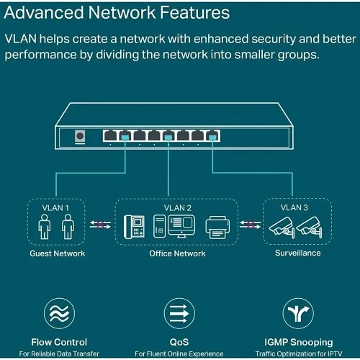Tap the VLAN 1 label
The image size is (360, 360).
58,209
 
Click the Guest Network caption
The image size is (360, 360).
58,253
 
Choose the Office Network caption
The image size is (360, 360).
177,253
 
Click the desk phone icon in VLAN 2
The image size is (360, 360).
135,228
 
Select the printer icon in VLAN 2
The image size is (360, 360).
217,228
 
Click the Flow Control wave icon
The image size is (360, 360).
59,313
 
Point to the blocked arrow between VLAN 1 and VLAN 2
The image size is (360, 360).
100,224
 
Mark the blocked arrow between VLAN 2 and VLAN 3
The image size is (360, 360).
251,224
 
